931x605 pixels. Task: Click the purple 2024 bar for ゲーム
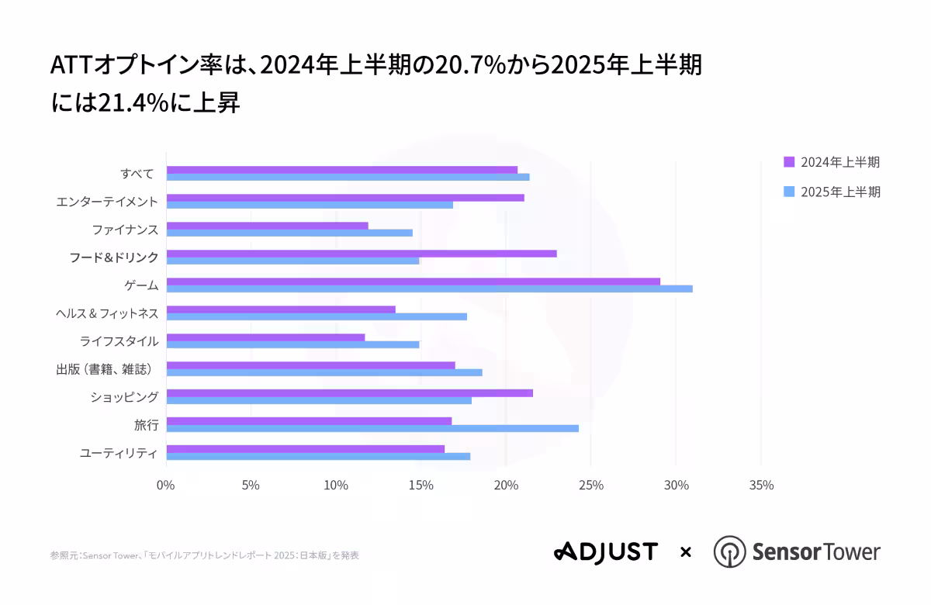[x=413, y=282]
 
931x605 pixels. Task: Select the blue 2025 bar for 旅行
[x=372, y=428]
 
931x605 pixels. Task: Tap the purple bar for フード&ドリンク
[x=362, y=254]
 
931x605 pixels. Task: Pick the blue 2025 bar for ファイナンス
[x=289, y=233]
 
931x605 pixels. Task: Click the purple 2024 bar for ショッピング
[x=349, y=393]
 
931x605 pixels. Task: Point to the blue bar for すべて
[x=348, y=177]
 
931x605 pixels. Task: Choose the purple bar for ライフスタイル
[x=265, y=337]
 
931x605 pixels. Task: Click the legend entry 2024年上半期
[x=832, y=162]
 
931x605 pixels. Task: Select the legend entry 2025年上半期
[x=832, y=192]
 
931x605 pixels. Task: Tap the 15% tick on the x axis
[x=421, y=486]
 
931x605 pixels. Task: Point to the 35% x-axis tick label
[x=761, y=486]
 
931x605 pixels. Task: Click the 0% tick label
[x=165, y=486]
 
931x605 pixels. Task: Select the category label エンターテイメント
[x=107, y=202]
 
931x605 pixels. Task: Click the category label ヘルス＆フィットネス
[x=107, y=313]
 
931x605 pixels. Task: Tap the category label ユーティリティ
[x=119, y=453]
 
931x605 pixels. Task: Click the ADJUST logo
[x=605, y=552]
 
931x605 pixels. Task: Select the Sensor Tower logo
[x=797, y=552]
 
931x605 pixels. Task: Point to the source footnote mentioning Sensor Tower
[x=204, y=555]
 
